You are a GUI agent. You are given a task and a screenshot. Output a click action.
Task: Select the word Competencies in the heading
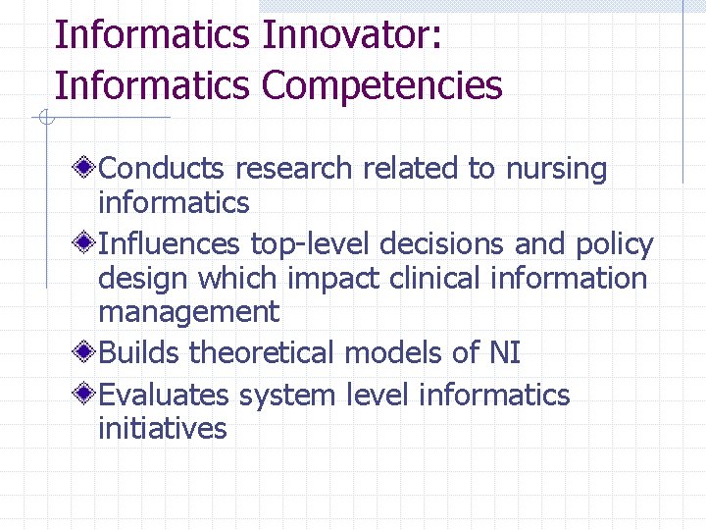(x=382, y=85)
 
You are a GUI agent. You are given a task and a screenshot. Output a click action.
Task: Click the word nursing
(x=556, y=169)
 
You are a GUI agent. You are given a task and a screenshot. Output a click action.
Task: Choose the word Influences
(x=171, y=243)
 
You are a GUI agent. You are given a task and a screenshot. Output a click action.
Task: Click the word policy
(x=615, y=243)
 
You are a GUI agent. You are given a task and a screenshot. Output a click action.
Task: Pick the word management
(x=188, y=313)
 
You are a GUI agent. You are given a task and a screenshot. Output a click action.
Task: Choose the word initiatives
(x=162, y=428)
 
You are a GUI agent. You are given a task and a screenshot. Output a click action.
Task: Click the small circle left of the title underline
(x=44, y=119)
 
